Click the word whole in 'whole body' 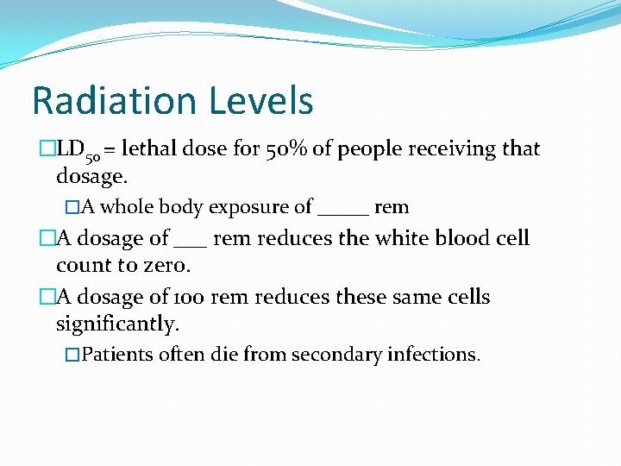[x=127, y=207]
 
